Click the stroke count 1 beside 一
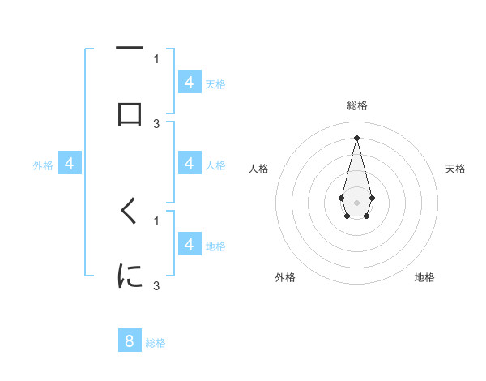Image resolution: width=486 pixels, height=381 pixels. pyautogui.click(x=156, y=58)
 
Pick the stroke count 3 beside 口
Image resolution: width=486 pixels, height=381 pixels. pyautogui.click(x=156, y=123)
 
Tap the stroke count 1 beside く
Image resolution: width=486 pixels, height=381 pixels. pyautogui.click(x=156, y=220)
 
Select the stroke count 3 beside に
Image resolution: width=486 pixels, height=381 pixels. pyautogui.click(x=156, y=285)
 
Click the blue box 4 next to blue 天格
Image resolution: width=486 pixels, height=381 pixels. pyautogui.click(x=190, y=83)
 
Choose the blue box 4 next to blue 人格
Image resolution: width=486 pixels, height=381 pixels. pyautogui.click(x=190, y=164)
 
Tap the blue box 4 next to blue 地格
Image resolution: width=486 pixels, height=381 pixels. pyautogui.click(x=190, y=245)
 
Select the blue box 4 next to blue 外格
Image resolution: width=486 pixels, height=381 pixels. pyautogui.click(x=70, y=164)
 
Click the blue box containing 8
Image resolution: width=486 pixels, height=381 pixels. pyautogui.click(x=130, y=340)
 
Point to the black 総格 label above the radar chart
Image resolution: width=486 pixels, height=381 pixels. pyautogui.click(x=356, y=105)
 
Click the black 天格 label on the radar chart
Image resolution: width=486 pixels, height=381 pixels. pyautogui.click(x=455, y=169)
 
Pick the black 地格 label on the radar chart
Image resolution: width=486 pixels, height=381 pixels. pyautogui.click(x=424, y=277)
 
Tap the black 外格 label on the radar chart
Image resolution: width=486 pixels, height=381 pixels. pyautogui.click(x=285, y=277)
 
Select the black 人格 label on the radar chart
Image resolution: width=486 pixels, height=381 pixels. pyautogui.click(x=259, y=169)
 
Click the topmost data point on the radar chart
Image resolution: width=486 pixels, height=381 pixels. pyautogui.click(x=356, y=137)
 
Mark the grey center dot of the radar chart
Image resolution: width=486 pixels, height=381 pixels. pyautogui.click(x=356, y=202)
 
